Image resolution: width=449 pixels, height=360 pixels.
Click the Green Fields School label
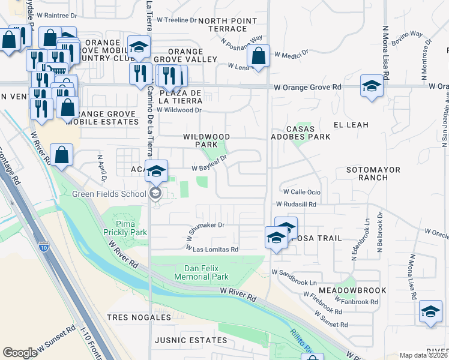109,193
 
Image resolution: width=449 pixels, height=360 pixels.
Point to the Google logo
20,353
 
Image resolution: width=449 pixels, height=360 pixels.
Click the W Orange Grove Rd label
307,87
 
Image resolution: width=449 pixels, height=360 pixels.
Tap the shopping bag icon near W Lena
258,58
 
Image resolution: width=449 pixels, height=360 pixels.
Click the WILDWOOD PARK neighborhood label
206,140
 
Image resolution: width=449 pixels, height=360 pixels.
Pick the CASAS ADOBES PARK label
300,133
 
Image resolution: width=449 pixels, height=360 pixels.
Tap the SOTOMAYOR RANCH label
373,174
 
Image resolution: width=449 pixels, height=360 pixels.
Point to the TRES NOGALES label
139,317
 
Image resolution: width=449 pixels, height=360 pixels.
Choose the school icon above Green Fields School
156,172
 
